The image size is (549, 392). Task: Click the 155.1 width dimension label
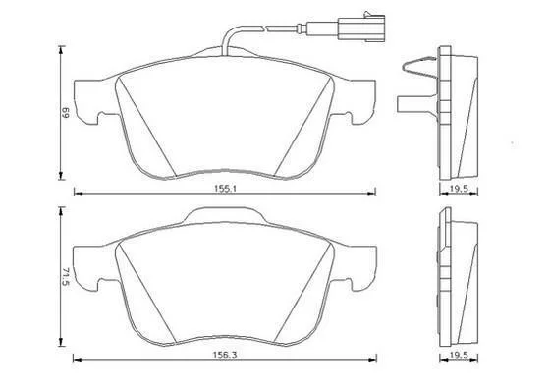(x=226, y=189)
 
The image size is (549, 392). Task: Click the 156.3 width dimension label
(x=226, y=355)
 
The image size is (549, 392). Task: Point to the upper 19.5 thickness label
(x=459, y=189)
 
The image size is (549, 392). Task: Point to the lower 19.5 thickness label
(x=459, y=355)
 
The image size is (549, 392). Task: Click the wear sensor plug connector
(x=361, y=27)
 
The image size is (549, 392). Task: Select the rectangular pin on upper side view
(x=416, y=104)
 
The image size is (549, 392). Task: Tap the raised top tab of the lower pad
(x=225, y=214)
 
